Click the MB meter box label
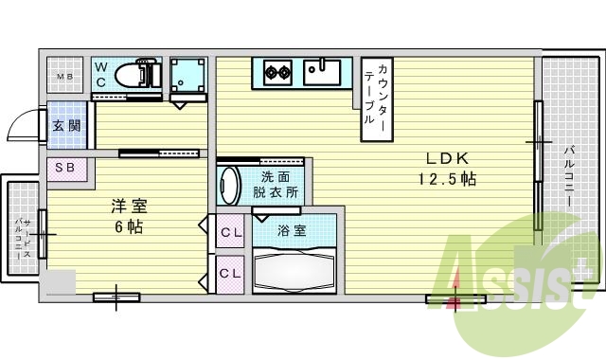coord(66,77)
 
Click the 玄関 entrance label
coord(65,126)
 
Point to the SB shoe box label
coord(65,169)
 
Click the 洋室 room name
coord(129,206)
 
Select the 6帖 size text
coord(129,226)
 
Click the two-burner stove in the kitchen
coord(276,70)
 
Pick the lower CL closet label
coord(230,274)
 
